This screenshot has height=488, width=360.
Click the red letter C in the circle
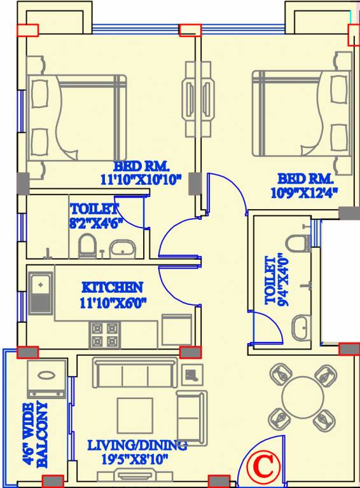tap(263, 467)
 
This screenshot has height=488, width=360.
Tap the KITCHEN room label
tap(111, 288)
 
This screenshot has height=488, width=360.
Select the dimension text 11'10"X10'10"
tap(141, 180)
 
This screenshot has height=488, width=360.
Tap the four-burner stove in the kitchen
tap(104, 335)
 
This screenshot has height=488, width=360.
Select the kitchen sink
tap(41, 292)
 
